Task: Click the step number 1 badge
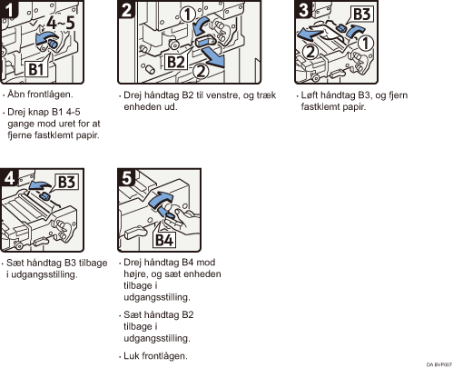[9, 9]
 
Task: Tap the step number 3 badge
[303, 9]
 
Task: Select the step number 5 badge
[126, 177]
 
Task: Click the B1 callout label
[36, 69]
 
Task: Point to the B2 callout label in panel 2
[176, 62]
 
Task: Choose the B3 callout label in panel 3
[361, 15]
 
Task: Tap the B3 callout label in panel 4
[66, 182]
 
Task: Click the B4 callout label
[164, 240]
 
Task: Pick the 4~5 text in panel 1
[61, 23]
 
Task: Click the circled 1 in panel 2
[188, 15]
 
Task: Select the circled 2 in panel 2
[201, 72]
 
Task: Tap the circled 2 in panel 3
[310, 51]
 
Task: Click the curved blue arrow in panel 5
[161, 200]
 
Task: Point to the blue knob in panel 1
[54, 44]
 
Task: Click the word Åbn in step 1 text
[15, 94]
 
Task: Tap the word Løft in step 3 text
[309, 94]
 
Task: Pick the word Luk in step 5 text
[132, 355]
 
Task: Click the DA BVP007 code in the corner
[439, 364]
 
